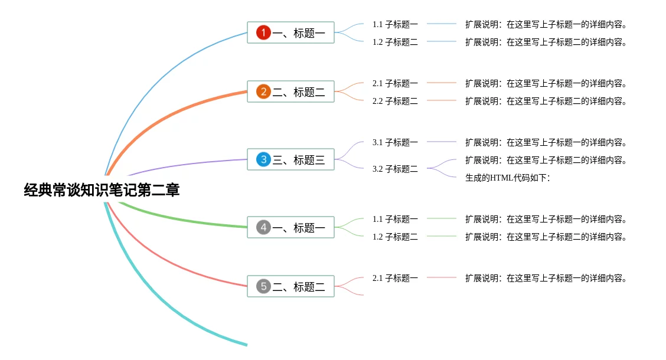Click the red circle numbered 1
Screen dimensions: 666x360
(x=263, y=32)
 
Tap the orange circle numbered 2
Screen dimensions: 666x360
(x=263, y=91)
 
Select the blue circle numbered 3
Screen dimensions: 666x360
(x=263, y=159)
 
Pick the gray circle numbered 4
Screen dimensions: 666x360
(x=263, y=227)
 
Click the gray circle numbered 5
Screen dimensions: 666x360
(x=263, y=286)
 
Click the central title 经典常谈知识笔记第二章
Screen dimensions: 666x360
(x=102, y=190)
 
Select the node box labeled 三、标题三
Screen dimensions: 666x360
(x=290, y=159)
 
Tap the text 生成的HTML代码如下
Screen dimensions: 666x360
(x=507, y=178)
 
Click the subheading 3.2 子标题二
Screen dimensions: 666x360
(x=395, y=169)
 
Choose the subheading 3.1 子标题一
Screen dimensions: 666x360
(x=395, y=142)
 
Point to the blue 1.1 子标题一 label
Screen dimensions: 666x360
(x=395, y=24)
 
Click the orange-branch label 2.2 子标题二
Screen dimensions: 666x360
(x=395, y=101)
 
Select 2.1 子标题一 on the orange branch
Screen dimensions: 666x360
(x=395, y=83)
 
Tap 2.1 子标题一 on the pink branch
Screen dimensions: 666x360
(x=395, y=278)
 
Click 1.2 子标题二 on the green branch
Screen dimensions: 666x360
(x=395, y=237)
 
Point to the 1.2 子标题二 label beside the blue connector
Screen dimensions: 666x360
(x=395, y=42)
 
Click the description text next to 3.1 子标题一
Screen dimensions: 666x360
(x=546, y=142)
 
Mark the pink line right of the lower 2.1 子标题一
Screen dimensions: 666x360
(x=441, y=277)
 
